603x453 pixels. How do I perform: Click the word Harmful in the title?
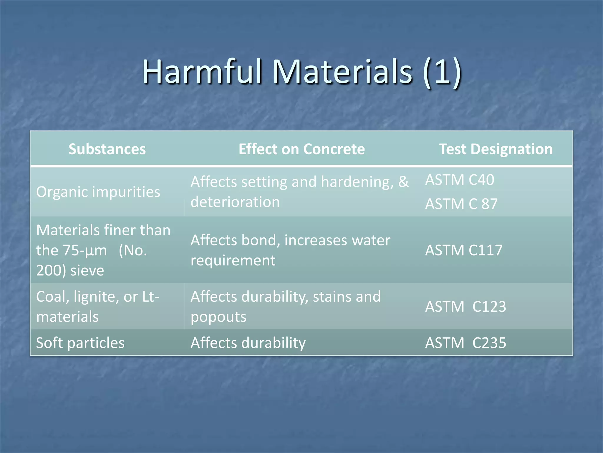click(x=202, y=72)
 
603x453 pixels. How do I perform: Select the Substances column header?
click(x=107, y=149)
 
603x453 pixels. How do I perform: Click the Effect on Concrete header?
click(x=301, y=149)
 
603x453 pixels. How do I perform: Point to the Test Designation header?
click(x=496, y=149)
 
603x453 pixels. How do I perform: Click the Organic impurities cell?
click(x=98, y=192)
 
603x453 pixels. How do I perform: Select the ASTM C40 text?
click(x=460, y=180)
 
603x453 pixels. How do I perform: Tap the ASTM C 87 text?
click(x=461, y=204)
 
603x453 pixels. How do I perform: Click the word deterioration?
click(x=235, y=202)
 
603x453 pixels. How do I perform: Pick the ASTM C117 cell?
click(x=464, y=250)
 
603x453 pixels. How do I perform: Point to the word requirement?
click(x=233, y=260)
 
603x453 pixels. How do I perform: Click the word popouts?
click(x=218, y=317)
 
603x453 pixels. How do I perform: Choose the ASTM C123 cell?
click(x=465, y=306)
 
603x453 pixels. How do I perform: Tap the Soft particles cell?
click(x=80, y=343)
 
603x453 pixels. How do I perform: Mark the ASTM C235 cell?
click(x=465, y=343)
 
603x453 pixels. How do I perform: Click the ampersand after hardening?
click(x=403, y=182)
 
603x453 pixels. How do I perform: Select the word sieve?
click(x=87, y=270)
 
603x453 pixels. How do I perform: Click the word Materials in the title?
click(x=342, y=72)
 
